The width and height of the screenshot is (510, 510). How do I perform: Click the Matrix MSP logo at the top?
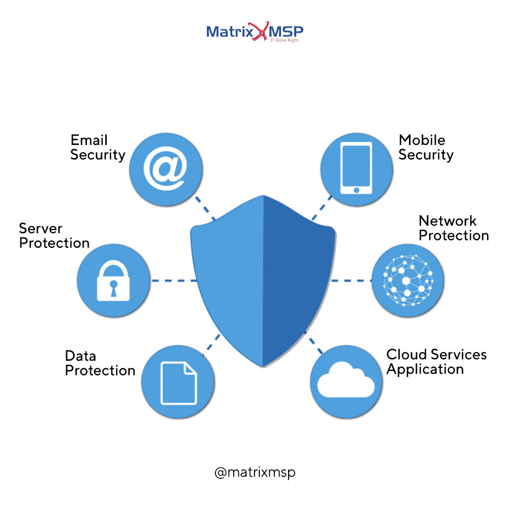(x=255, y=32)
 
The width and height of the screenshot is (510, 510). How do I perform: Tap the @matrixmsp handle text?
(x=255, y=472)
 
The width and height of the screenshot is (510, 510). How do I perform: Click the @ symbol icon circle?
(x=165, y=169)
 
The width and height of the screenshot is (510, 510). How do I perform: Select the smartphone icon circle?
(x=357, y=169)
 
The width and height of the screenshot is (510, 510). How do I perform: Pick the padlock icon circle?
(x=113, y=280)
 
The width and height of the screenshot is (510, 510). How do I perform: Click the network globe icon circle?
(x=408, y=280)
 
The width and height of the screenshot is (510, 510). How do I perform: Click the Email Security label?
(x=98, y=147)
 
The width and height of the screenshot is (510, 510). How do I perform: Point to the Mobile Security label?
(x=425, y=147)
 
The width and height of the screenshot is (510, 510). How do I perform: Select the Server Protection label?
(x=54, y=236)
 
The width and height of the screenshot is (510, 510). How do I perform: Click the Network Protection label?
(x=453, y=228)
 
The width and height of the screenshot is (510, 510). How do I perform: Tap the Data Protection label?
(x=100, y=363)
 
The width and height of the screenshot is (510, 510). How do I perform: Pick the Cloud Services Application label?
(x=436, y=362)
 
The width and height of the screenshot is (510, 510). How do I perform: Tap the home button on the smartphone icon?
(x=357, y=190)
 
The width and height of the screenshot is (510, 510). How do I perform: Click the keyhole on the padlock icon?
(x=113, y=288)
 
